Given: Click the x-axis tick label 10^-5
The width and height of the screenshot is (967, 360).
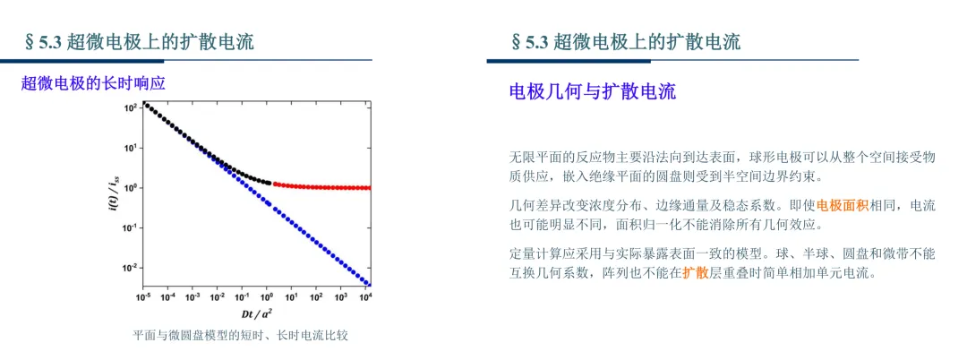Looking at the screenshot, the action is [x=143, y=296].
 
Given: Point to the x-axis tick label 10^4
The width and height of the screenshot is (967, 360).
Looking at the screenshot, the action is [x=364, y=296].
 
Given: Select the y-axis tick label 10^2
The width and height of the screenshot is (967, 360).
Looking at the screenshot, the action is [x=131, y=107].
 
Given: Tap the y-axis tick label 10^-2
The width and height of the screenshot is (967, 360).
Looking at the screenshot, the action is [x=130, y=268].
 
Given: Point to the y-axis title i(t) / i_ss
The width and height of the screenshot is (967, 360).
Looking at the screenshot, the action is [x=113, y=193].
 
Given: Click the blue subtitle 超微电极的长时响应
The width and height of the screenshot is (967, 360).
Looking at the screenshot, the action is [x=93, y=84].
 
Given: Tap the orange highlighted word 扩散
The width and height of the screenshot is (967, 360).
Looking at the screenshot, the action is [x=695, y=272].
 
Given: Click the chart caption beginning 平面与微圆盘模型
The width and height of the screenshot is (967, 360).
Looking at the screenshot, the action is [x=244, y=336].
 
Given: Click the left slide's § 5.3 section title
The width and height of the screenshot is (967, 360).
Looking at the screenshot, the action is [x=138, y=42].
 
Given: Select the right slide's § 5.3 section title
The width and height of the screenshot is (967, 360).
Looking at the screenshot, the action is [x=625, y=42].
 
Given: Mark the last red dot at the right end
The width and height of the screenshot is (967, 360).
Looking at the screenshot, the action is [x=368, y=188].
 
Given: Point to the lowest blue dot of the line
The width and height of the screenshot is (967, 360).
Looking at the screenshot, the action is [x=368, y=284].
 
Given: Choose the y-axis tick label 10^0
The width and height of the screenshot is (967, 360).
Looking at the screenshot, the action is [x=131, y=187].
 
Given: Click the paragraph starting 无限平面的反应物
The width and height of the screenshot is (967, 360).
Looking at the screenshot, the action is [x=723, y=167].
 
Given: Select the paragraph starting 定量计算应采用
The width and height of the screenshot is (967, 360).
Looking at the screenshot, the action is [x=723, y=263].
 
